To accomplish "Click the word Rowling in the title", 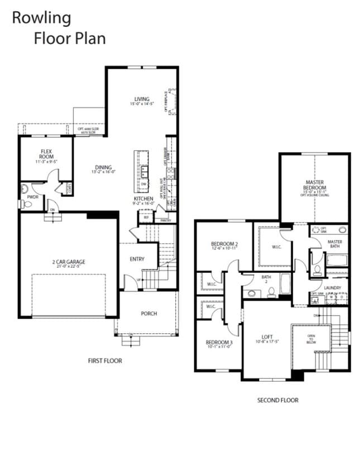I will pos(41,18).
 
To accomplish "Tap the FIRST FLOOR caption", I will pos(105,361).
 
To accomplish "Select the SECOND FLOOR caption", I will pos(278,400).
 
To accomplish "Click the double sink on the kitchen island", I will pos(144,171).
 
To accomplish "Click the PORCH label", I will pos(149,314).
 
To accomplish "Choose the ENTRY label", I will pos(137,259).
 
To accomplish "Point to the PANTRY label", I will pos(165,220).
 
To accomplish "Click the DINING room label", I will pos(103,167).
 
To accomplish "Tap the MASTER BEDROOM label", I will pos(315,185).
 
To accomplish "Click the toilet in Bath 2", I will pos(271,292).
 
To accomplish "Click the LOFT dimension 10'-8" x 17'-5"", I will pos(268,342).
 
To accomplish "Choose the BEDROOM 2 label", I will pos(225,244).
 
